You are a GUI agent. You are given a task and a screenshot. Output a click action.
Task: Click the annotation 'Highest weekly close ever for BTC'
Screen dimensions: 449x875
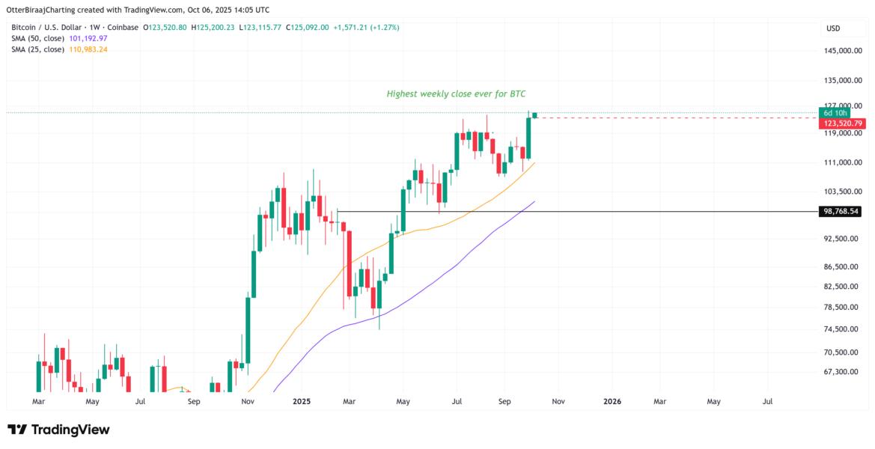coord(461,94)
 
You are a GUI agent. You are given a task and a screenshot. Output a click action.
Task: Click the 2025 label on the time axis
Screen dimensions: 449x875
coord(301,401)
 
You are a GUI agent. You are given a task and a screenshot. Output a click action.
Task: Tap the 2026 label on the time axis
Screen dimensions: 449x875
coord(612,401)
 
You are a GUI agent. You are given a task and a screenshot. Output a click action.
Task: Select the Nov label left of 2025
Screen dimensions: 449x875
coord(249,401)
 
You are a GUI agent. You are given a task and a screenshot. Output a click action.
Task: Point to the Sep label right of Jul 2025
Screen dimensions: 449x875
coord(504,401)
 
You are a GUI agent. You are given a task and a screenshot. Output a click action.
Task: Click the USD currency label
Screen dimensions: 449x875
coord(833,28)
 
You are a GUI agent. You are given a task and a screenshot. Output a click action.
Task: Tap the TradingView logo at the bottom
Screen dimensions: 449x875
coord(58,430)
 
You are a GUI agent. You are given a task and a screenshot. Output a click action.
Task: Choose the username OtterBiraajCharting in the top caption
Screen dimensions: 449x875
coord(44,10)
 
